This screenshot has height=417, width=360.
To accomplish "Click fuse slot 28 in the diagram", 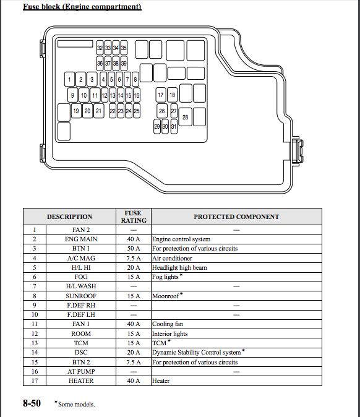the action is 186,117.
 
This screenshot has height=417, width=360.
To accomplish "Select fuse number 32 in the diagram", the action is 100,48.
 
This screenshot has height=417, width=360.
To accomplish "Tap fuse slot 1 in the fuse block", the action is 69,79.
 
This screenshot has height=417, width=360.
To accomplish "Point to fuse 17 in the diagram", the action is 161,95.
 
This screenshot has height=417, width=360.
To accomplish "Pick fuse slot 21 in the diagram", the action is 99,111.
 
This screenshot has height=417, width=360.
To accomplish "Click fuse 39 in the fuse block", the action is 124,63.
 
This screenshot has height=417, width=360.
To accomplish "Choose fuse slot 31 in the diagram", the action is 174,126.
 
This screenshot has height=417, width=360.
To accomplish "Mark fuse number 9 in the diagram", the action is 72,95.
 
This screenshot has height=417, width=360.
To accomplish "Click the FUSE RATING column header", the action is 134,217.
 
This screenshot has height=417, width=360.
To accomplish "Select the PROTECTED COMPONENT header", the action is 236,217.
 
